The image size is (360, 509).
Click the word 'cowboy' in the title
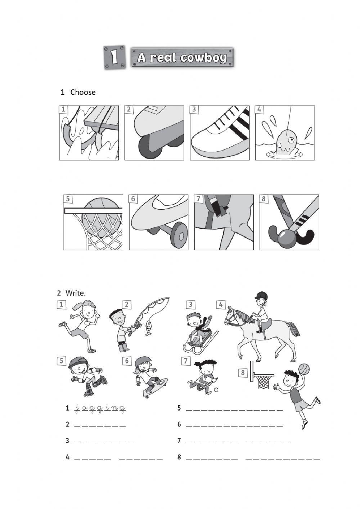pyautogui.click(x=204, y=58)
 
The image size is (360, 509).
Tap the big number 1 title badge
pyautogui.click(x=114, y=57)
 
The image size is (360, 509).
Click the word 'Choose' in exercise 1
pyautogui.click(x=83, y=92)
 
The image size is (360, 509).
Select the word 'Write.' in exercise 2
pyautogui.click(x=76, y=293)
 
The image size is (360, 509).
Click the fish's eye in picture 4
pyautogui.click(x=291, y=140)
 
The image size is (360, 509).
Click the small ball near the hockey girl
pyautogui.click(x=216, y=390)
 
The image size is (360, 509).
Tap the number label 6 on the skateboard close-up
pyautogui.click(x=133, y=199)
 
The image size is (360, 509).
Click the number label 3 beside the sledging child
pyautogui.click(x=190, y=305)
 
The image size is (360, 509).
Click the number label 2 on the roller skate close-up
pyautogui.click(x=129, y=109)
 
